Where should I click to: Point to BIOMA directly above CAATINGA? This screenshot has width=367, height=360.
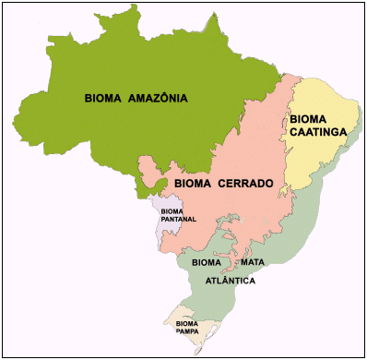(x=307, y=119)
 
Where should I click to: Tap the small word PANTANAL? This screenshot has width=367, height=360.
(x=178, y=220)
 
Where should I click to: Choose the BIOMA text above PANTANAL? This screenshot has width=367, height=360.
(x=172, y=211)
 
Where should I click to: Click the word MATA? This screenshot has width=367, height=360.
(x=254, y=263)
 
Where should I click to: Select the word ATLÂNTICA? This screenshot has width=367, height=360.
(x=230, y=279)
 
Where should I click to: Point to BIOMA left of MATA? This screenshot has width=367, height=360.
(x=207, y=263)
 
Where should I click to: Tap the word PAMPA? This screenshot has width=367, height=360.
(x=187, y=332)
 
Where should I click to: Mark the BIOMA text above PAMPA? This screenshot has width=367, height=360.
(x=187, y=324)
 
